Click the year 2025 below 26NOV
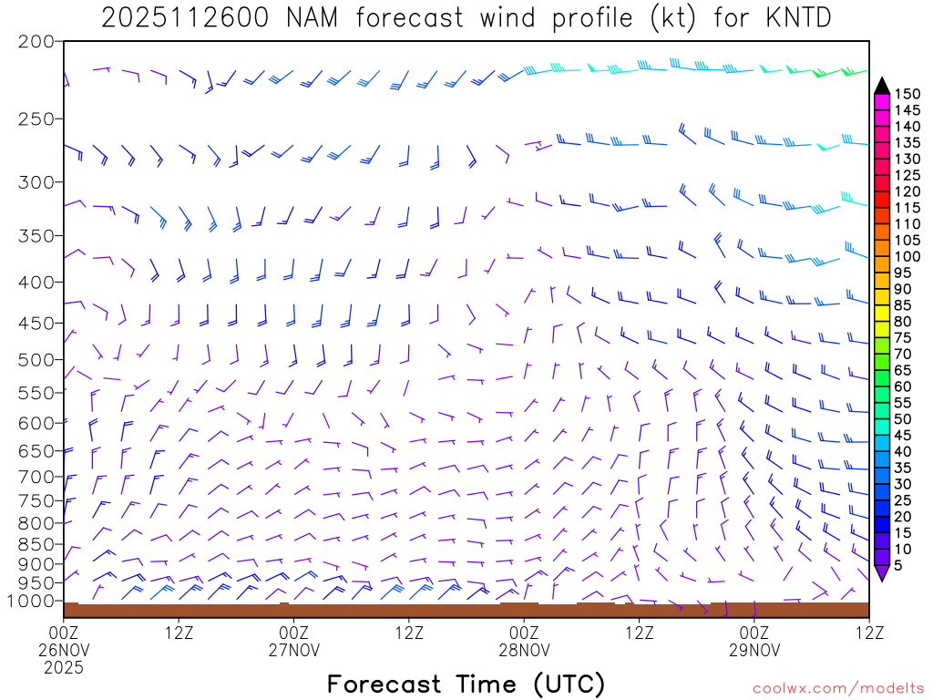(x=64, y=667)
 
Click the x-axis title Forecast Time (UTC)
(x=466, y=684)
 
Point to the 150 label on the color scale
(x=907, y=94)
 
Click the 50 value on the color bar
(x=903, y=418)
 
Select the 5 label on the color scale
(x=899, y=565)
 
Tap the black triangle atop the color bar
(x=881, y=86)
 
